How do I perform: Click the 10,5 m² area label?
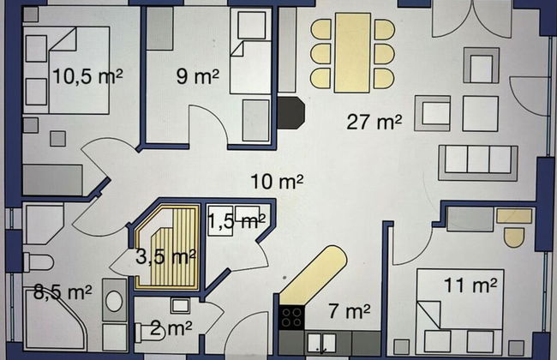(87, 76)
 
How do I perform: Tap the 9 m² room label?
(198, 76)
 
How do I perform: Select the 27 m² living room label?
(374, 122)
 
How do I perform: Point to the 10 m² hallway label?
(277, 181)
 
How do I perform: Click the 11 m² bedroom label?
(470, 285)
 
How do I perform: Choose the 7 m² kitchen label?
(350, 311)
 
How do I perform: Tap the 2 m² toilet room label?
(171, 328)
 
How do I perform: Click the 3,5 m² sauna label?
(166, 256)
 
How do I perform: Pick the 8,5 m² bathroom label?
(63, 292)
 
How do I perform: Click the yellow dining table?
(353, 52)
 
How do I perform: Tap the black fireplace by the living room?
(291, 113)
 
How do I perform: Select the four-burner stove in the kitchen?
(291, 318)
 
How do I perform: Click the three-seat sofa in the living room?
(478, 163)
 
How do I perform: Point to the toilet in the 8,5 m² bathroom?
(38, 263)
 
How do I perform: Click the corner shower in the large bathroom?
(55, 318)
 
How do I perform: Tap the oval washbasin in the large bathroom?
(114, 301)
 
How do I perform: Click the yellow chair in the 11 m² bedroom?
(514, 237)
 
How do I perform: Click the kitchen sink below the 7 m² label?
(321, 344)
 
